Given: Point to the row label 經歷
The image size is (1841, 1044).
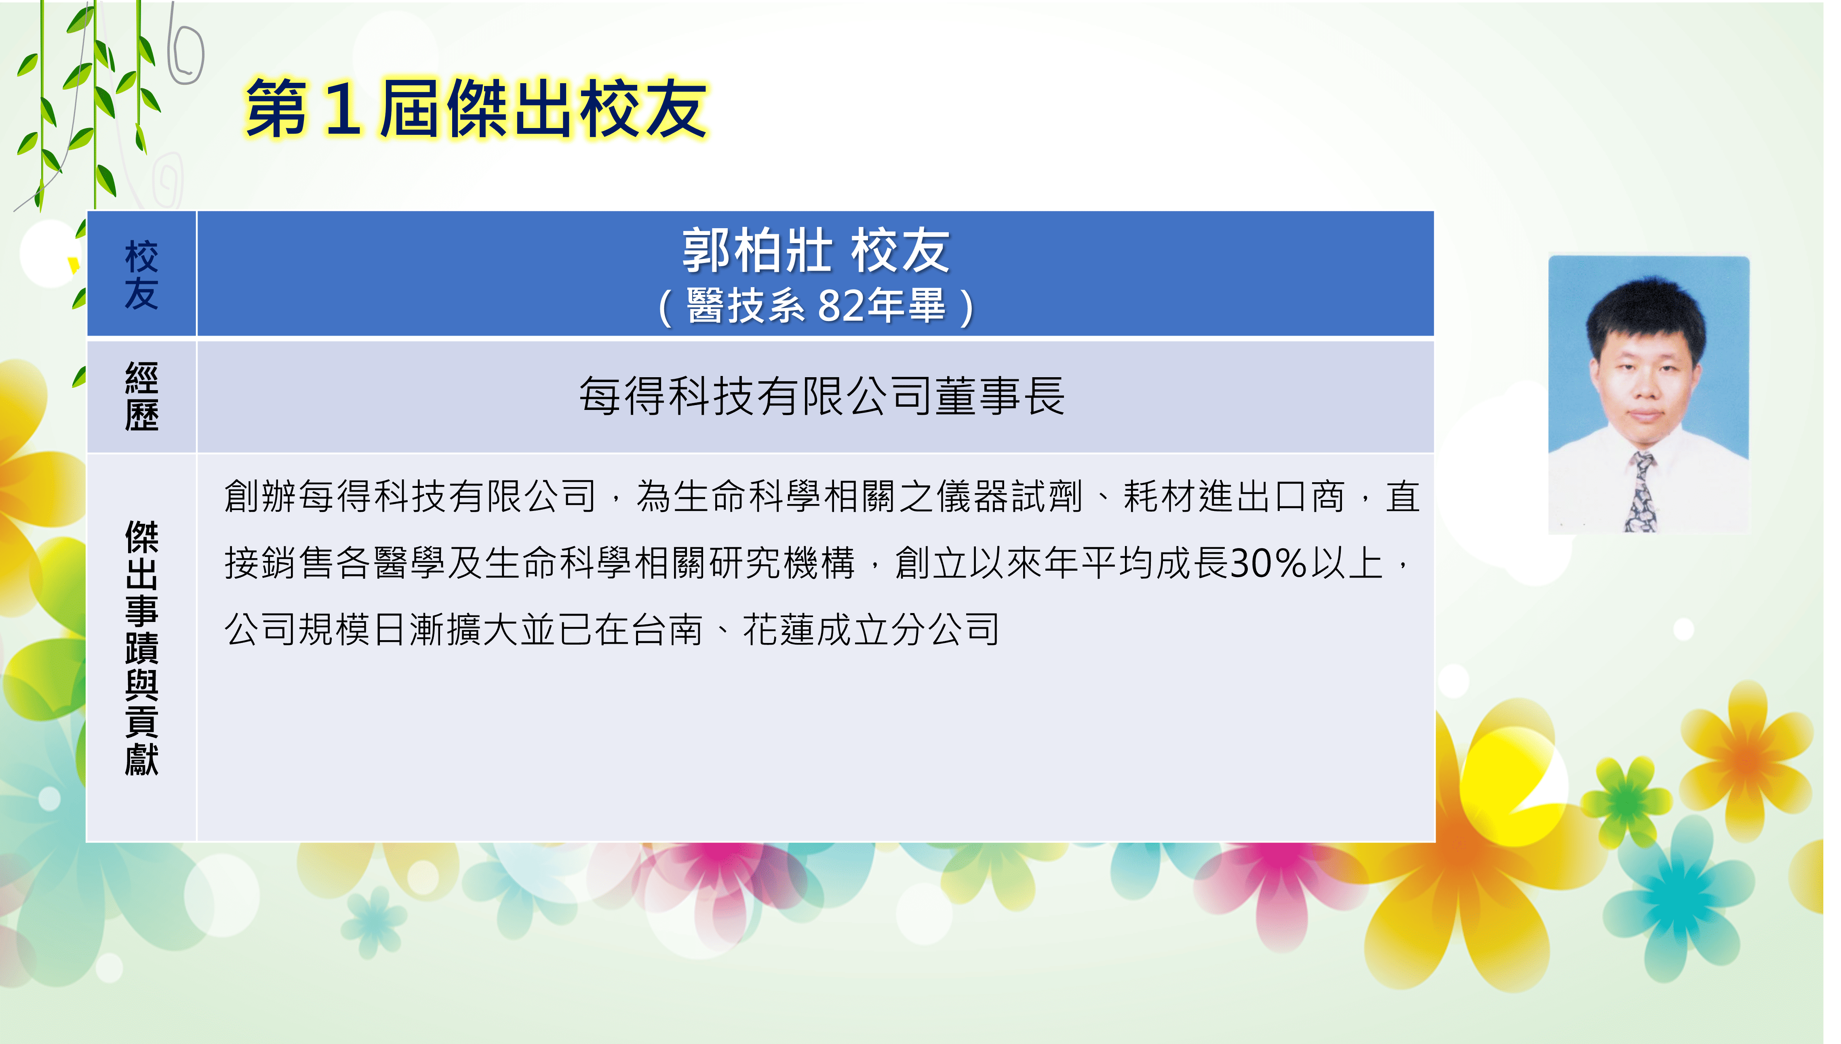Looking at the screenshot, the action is (x=141, y=397).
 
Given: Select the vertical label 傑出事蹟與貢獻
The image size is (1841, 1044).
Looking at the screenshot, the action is (x=141, y=647).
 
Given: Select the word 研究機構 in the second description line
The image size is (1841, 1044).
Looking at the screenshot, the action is (x=782, y=563).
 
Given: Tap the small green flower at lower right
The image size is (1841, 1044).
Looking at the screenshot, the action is (x=1628, y=802).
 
